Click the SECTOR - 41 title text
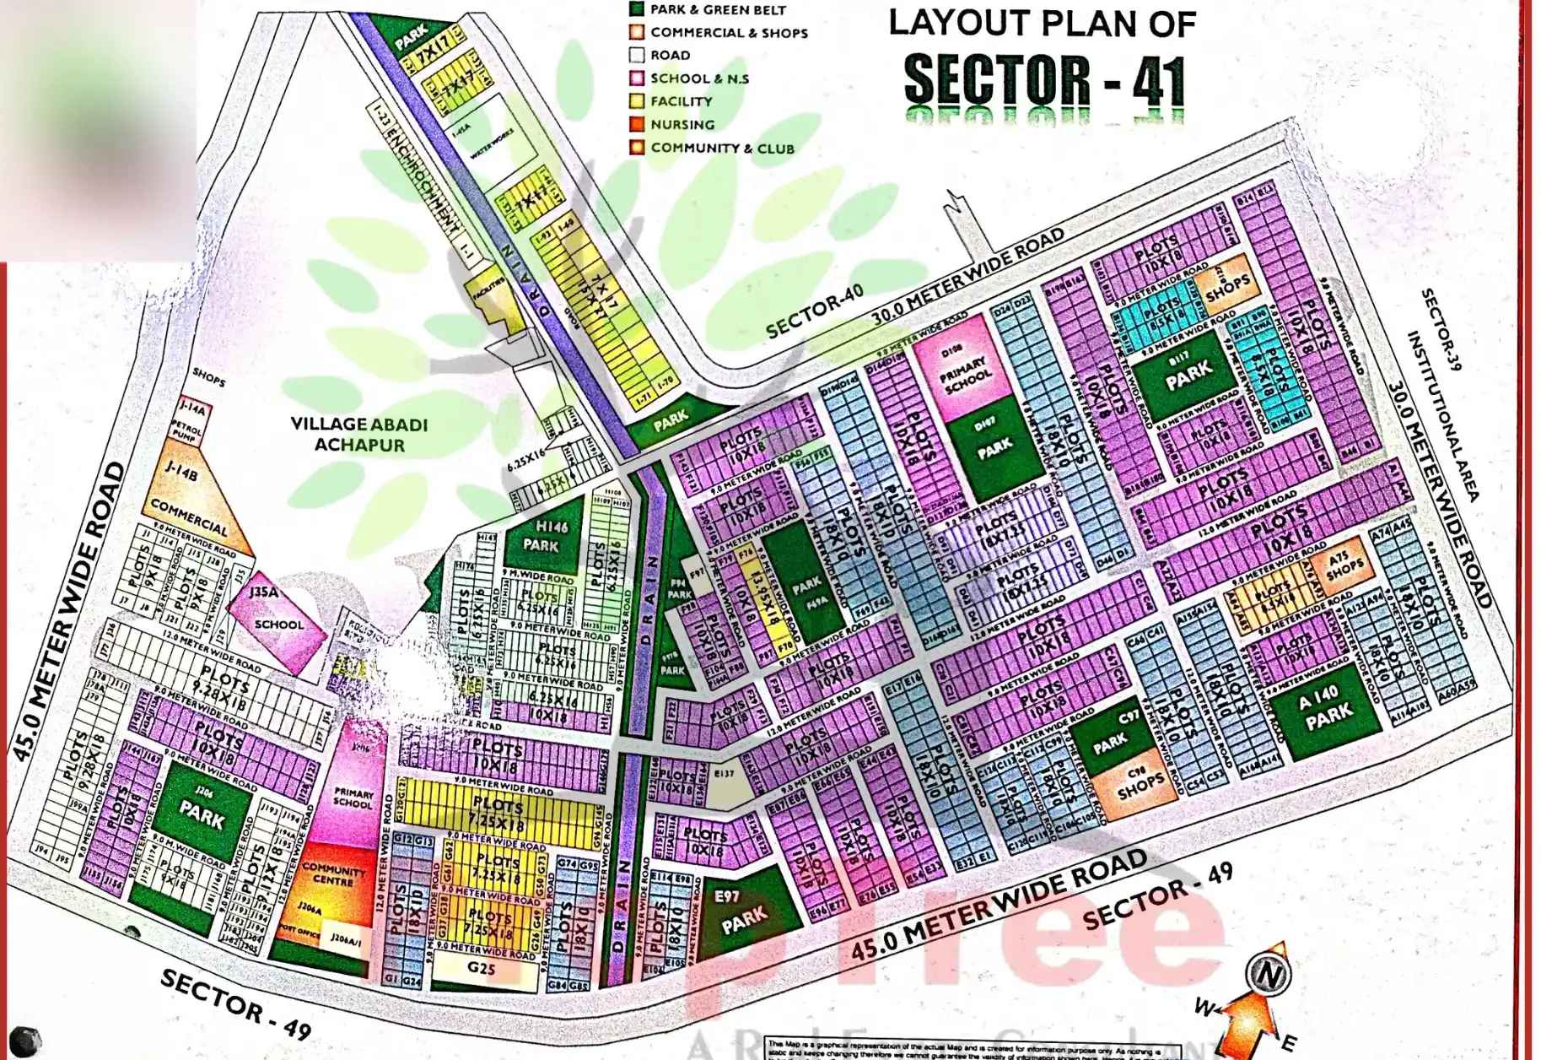(x=1044, y=80)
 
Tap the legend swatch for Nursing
(x=637, y=125)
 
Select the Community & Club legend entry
(x=721, y=148)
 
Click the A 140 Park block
(x=1326, y=708)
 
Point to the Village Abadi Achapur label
(x=359, y=434)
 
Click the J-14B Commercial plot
(x=190, y=502)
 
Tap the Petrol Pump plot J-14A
(x=191, y=426)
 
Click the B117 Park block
(x=1189, y=372)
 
